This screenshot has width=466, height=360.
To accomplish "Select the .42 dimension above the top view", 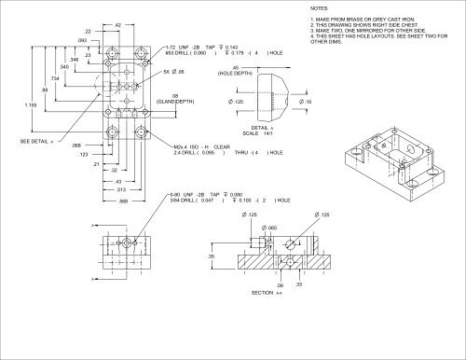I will [119, 23].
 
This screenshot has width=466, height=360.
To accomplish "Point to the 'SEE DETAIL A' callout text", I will [36, 141].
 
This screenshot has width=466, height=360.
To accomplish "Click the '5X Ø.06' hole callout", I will [174, 71].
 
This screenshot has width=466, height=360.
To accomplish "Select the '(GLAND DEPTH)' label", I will [175, 100].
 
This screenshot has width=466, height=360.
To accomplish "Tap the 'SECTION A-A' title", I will [266, 292].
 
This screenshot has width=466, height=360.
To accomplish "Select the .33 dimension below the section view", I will [296, 284].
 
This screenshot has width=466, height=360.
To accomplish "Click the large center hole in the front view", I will [121, 252].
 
